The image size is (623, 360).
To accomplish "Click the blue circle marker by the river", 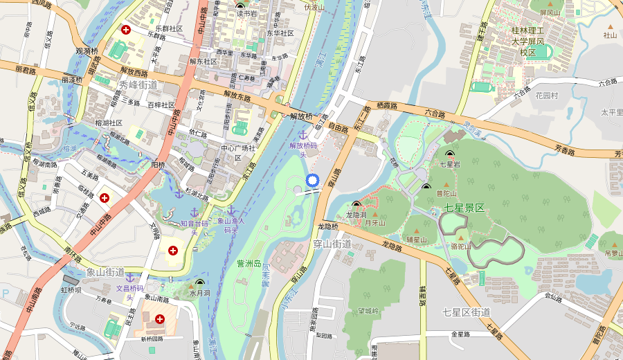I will [x=311, y=181].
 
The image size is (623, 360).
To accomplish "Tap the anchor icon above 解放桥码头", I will [x=302, y=134].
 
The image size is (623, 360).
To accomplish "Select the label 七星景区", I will [x=464, y=207].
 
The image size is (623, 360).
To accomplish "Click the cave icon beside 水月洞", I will [x=201, y=282].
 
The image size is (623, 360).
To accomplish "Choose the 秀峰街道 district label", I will [x=138, y=84].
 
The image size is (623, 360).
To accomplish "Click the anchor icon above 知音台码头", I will [x=195, y=211].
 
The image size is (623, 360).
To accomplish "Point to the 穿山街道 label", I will [x=332, y=244].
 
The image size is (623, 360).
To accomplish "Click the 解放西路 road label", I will [x=134, y=71].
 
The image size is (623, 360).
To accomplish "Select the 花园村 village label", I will [x=547, y=96].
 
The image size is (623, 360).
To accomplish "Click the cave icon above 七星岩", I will [x=450, y=154].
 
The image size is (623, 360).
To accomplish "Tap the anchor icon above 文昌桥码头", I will [x=129, y=277].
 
